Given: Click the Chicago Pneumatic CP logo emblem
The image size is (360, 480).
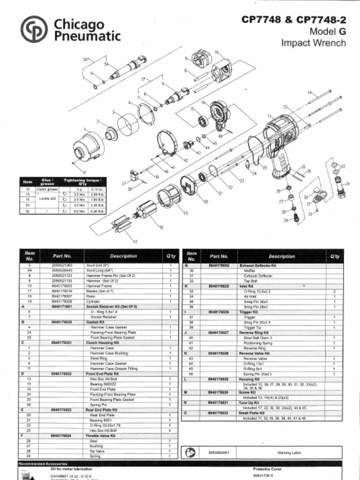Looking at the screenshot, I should tap(34, 29).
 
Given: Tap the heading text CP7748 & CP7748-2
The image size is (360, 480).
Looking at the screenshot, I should tap(293, 20).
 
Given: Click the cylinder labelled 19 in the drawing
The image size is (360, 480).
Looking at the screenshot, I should tap(170, 197).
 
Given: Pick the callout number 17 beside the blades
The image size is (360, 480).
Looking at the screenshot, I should tap(135, 242).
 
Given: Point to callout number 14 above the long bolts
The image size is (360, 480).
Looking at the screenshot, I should tap(310, 93).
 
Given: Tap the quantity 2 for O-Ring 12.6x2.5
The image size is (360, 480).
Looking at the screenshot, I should tap(334, 291).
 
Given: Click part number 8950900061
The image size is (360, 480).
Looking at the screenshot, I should tap(218, 453).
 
